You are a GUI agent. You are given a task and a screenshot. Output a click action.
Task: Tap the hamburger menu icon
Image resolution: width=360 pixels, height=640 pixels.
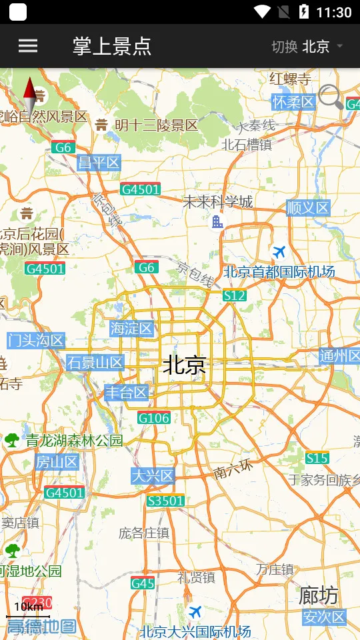point(28,45)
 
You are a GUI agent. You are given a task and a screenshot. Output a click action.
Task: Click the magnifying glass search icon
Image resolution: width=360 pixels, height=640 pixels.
point(330,97)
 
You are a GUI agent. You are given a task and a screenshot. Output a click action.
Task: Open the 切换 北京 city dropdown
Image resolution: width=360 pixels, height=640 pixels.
point(307,46)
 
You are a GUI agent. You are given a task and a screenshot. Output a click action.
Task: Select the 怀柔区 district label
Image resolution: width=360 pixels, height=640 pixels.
point(293,102)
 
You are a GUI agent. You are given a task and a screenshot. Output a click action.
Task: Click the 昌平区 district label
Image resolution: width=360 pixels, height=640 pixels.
point(99,163)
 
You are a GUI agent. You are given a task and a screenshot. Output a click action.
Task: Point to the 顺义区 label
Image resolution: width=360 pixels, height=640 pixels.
point(308,207)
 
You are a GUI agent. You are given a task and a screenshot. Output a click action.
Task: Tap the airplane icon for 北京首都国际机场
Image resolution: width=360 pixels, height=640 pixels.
point(279,252)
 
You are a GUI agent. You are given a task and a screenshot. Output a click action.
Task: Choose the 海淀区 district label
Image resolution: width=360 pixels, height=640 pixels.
point(132,328)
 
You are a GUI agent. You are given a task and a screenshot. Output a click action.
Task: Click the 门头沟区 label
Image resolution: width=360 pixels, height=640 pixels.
point(36,341)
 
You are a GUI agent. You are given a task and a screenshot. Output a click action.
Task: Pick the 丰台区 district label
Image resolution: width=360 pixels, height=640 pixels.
point(126,393)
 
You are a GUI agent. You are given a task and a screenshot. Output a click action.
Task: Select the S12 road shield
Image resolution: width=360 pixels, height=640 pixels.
point(235,295)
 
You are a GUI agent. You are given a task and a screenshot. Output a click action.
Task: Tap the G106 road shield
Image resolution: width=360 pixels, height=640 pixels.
point(154,418)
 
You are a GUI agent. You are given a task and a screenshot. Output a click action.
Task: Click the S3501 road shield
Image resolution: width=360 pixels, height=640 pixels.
point(166,500)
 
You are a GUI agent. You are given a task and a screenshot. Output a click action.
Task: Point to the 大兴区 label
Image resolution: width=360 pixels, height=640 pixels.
point(152,475)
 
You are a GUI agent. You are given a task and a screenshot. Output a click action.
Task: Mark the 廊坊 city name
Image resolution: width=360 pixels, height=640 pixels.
point(318,594)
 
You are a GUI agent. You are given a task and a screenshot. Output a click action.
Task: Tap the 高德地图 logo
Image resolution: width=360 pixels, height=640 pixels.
point(41,626)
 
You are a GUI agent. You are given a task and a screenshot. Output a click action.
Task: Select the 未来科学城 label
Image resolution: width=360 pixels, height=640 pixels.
point(218,201)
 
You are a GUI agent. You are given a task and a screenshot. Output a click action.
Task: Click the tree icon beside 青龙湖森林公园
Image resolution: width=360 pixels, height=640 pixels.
point(12,440)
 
